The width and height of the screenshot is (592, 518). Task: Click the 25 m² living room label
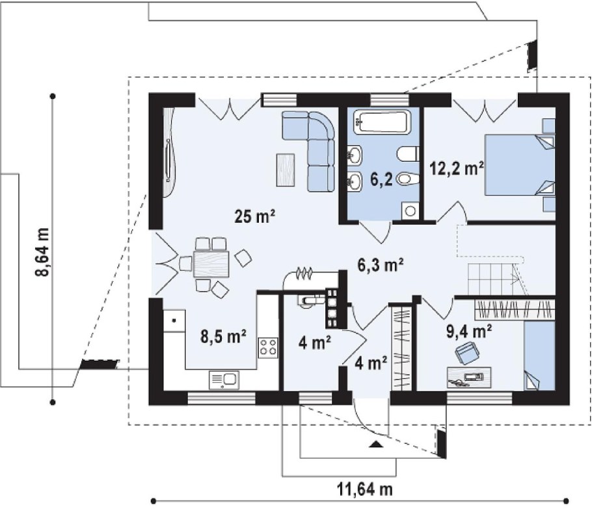pos(254,216)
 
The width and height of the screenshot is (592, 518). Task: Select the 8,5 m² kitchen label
pos(224,337)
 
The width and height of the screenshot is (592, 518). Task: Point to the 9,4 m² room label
pos(469,331)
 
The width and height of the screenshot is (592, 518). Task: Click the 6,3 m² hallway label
pos(381,265)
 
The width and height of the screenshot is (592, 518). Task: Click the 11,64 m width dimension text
pos(365,489)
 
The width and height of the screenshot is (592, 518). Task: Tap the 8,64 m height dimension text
pos(42,252)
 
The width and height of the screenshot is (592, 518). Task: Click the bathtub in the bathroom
pos(382,122)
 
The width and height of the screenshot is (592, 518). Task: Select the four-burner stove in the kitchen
pos(268,348)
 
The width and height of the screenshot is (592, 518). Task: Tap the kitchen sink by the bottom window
pos(224,380)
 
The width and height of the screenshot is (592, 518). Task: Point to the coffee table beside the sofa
pos(286,170)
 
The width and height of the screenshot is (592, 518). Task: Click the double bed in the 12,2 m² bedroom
pos(520,164)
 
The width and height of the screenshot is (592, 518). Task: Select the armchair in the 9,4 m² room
pos(467,353)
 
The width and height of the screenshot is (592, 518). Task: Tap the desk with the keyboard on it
pos(469,377)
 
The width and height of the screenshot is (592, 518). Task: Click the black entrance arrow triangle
pos(375,444)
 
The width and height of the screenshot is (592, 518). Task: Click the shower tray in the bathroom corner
pos(410,211)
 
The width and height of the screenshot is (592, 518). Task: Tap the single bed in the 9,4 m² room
pos(539,356)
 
